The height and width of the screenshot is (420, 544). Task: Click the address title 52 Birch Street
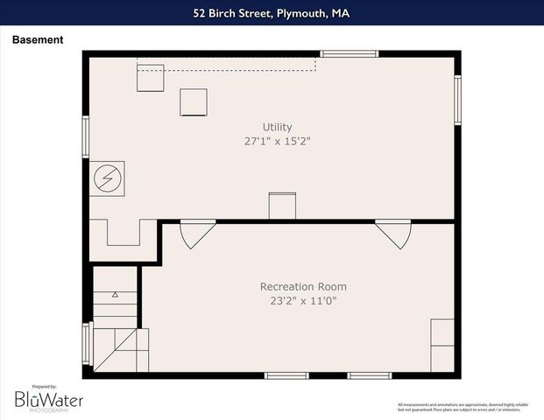[272, 13]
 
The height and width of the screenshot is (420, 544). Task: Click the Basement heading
[37, 40]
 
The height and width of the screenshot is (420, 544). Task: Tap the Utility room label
[277, 127]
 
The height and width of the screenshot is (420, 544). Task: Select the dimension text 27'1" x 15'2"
[277, 141]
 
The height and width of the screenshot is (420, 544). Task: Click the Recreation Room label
[303, 286]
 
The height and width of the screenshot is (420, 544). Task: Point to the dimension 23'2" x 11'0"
[303, 301]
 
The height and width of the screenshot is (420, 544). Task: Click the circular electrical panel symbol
[109, 178]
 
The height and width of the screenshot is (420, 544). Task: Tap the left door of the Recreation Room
[196, 234]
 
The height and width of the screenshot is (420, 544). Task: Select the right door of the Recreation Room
[392, 234]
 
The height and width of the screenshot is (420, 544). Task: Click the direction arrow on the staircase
[115, 296]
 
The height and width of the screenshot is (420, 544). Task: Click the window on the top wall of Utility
[349, 54]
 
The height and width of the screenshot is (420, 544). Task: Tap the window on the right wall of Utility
[457, 100]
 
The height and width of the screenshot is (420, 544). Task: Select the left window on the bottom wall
[286, 375]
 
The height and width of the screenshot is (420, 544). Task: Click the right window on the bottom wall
[370, 375]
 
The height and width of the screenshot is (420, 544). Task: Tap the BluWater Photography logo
[48, 399]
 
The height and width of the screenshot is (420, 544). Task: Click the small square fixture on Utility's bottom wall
[282, 206]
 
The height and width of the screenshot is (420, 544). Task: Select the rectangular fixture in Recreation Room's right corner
[442, 345]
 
